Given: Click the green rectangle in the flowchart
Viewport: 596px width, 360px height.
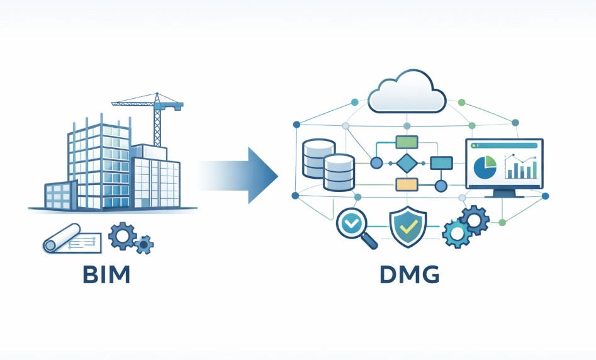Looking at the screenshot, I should point(406,142).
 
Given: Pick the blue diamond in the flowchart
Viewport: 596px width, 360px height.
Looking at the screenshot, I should point(406,164).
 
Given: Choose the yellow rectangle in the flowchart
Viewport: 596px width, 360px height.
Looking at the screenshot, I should point(407,184).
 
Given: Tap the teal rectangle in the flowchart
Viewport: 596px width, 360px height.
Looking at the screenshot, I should point(441,164).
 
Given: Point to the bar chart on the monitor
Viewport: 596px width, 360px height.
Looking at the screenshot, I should point(522,168).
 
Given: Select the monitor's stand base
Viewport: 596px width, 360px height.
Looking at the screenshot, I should point(503,195).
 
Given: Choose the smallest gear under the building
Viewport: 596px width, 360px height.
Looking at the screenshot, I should point(145,244).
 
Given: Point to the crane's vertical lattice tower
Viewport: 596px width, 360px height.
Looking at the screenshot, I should point(157,126).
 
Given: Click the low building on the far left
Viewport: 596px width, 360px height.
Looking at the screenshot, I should point(60,195).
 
